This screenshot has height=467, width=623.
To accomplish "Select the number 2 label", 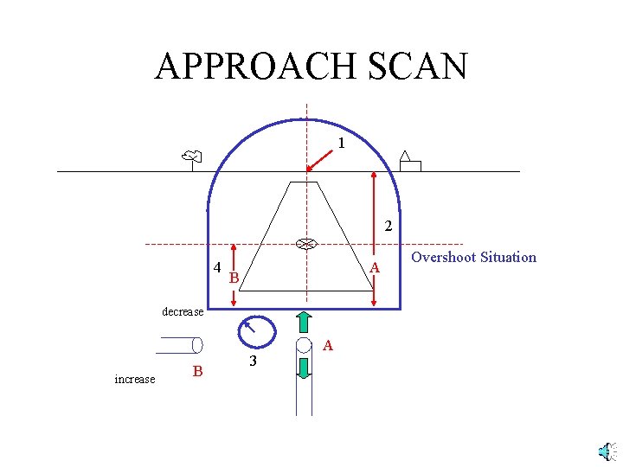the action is [389, 227].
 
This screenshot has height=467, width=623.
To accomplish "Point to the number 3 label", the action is [252, 361].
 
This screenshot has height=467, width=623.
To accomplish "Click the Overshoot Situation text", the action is [473, 257].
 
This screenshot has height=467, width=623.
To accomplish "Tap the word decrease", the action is [183, 311].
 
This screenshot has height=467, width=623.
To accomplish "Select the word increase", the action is [135, 379].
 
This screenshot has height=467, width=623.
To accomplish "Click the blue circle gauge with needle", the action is [256, 331].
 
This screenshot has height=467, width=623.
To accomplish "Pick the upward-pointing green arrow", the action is [305, 321].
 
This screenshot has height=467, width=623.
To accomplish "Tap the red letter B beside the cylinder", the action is [197, 371].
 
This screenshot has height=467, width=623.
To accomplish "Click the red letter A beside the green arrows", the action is [327, 345].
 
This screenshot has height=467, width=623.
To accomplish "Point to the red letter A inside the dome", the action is [374, 269].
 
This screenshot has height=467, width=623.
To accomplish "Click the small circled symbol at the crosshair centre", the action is [305, 244].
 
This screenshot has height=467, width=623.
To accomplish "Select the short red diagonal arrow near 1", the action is [320, 159].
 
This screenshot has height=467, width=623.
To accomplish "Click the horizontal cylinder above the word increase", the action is [179, 345].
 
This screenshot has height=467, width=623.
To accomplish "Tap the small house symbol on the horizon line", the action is [408, 162].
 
